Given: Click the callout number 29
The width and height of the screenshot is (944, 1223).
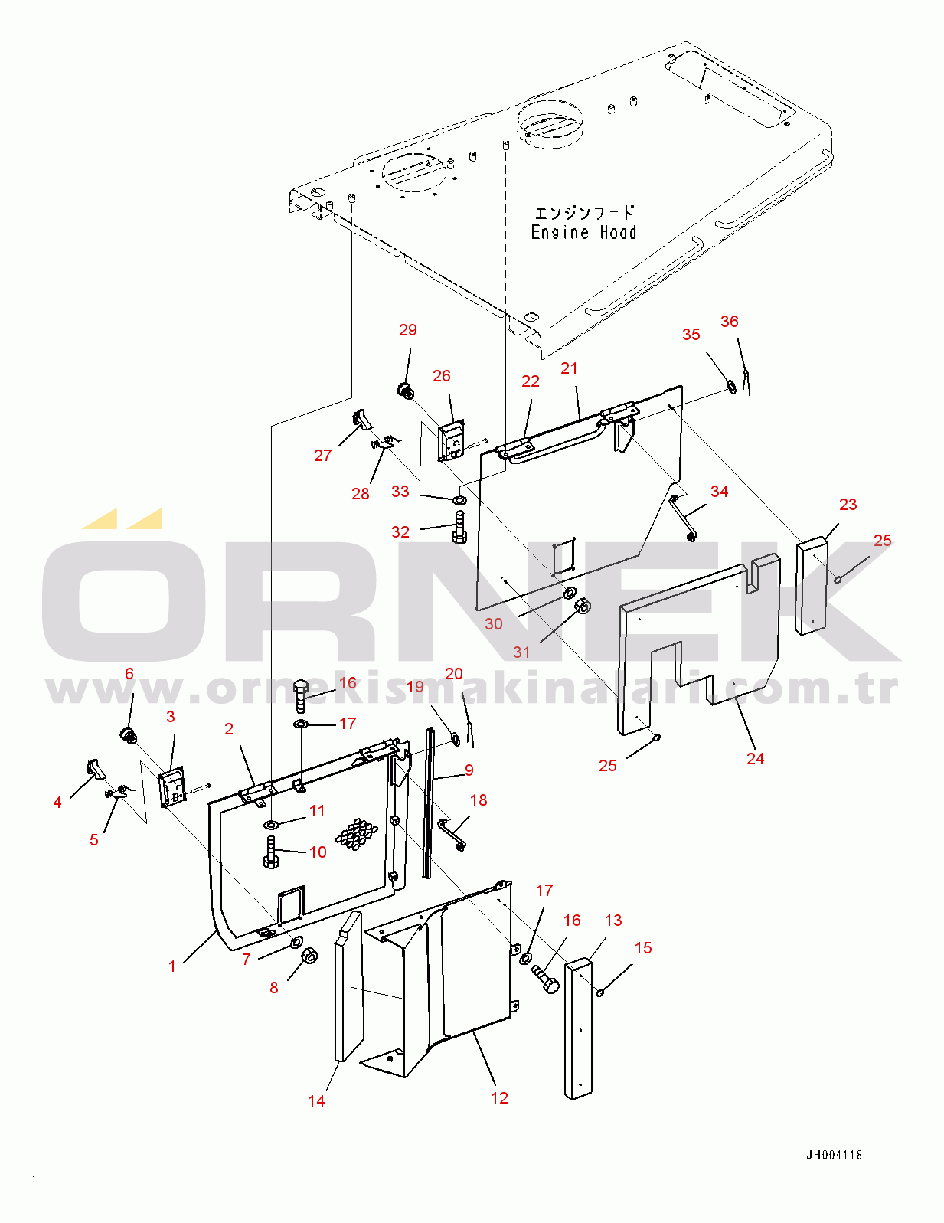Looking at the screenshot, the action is [x=408, y=330].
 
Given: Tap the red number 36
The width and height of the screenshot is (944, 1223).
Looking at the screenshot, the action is [x=729, y=322].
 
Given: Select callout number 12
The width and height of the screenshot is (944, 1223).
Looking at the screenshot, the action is [x=499, y=1097].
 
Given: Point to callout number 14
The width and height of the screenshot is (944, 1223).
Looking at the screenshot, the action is [x=316, y=1101].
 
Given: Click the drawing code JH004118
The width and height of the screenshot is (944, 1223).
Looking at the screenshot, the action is [x=834, y=1156].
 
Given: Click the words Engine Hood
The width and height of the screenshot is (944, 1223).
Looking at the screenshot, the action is [x=583, y=233].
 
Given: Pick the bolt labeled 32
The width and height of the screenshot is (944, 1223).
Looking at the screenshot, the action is [x=459, y=526].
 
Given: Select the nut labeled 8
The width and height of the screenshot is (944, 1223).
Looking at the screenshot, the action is [x=309, y=956].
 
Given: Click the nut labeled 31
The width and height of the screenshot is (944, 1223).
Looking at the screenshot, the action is [x=583, y=606].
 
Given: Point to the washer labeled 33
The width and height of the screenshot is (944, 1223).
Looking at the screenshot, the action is [x=459, y=499].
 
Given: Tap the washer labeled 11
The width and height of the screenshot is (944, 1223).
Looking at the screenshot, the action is [x=270, y=826].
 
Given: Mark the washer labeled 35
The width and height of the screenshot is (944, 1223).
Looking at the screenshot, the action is [x=733, y=387].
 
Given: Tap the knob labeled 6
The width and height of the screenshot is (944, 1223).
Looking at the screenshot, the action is [x=129, y=734].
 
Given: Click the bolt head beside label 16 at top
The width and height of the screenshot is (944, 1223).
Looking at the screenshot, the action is [x=301, y=688].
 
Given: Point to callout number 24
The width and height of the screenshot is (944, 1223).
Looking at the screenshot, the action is [x=755, y=759].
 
